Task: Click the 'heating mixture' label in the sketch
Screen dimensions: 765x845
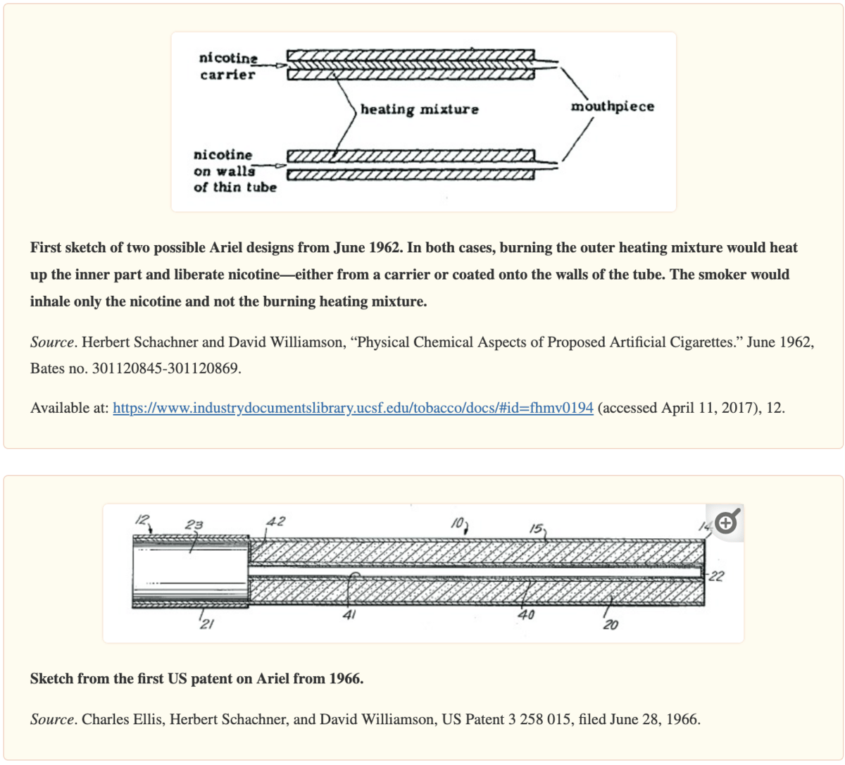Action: tap(419, 109)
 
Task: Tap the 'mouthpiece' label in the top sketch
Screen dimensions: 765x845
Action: tap(612, 106)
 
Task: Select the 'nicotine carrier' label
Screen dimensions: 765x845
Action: tap(227, 66)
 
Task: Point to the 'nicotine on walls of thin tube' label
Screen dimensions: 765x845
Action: tap(234, 170)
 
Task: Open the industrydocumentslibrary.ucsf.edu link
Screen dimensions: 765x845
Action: tap(353, 408)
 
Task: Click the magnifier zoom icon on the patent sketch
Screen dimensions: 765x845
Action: tap(727, 522)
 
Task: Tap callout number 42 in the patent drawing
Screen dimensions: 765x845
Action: tap(275, 522)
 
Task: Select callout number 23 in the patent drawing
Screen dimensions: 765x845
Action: tap(194, 525)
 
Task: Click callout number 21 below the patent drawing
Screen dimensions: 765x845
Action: tap(207, 624)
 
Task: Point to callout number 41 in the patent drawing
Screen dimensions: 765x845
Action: tap(349, 615)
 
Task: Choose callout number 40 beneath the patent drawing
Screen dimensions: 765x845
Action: tap(526, 615)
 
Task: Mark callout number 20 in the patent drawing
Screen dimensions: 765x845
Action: tap(611, 624)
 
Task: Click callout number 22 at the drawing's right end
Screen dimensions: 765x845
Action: tap(716, 576)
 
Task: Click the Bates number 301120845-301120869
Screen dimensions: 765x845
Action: tap(166, 368)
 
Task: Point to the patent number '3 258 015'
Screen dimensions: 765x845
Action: tap(539, 719)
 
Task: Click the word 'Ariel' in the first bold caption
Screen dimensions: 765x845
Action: tap(229, 248)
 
